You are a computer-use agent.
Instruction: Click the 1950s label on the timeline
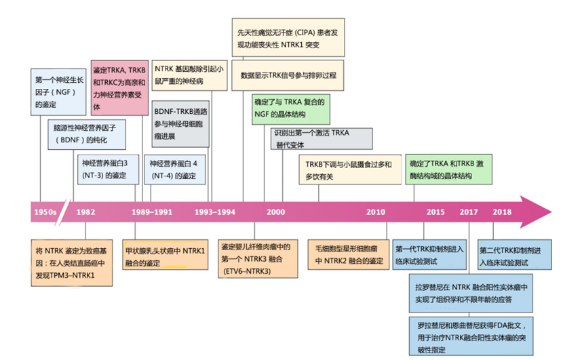(x=45, y=211)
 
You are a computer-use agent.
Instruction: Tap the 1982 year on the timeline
(x=85, y=211)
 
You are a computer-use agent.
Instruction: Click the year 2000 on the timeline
(x=275, y=211)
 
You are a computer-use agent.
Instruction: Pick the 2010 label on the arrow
(x=376, y=211)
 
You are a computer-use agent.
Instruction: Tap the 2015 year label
(x=435, y=211)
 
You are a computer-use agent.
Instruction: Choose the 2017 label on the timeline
(x=469, y=211)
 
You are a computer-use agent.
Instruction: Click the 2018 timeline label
(x=502, y=211)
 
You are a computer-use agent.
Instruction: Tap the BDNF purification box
(x=89, y=134)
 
